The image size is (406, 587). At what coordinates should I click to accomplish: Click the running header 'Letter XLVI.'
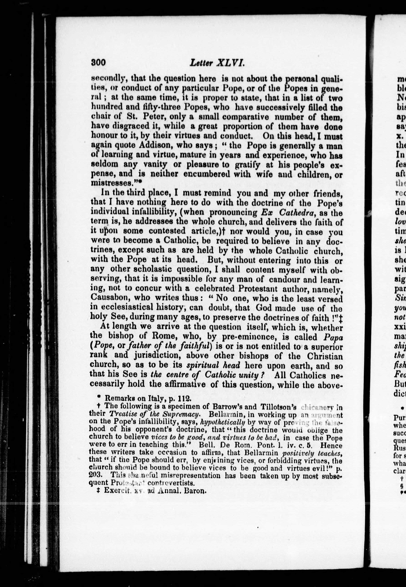(217, 63)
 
